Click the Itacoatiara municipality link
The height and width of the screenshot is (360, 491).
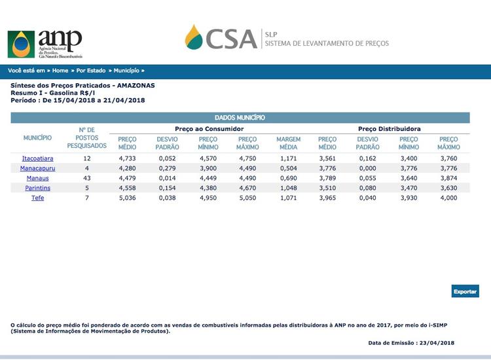point(37,158)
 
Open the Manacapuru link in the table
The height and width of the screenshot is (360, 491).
point(37,168)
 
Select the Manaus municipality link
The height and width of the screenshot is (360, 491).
point(37,178)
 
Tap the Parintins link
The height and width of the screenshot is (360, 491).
point(37,188)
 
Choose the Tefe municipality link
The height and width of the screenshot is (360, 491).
point(37,198)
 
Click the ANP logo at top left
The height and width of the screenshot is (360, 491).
point(45,44)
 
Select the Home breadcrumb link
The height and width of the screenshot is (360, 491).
point(60,70)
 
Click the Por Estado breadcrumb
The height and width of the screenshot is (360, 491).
point(92,70)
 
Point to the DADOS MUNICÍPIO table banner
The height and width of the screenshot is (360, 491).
point(240,118)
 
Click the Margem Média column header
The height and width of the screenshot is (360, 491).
point(288,143)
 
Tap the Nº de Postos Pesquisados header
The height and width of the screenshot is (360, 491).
point(86,138)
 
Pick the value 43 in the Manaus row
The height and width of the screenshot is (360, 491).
point(86,178)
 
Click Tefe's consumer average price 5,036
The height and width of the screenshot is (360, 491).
point(127,198)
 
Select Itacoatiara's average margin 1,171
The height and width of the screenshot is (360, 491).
point(288,158)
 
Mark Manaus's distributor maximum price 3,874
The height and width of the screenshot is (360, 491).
point(448,178)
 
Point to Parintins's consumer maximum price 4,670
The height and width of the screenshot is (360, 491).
point(247,188)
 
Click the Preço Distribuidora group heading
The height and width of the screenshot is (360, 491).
point(389,129)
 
